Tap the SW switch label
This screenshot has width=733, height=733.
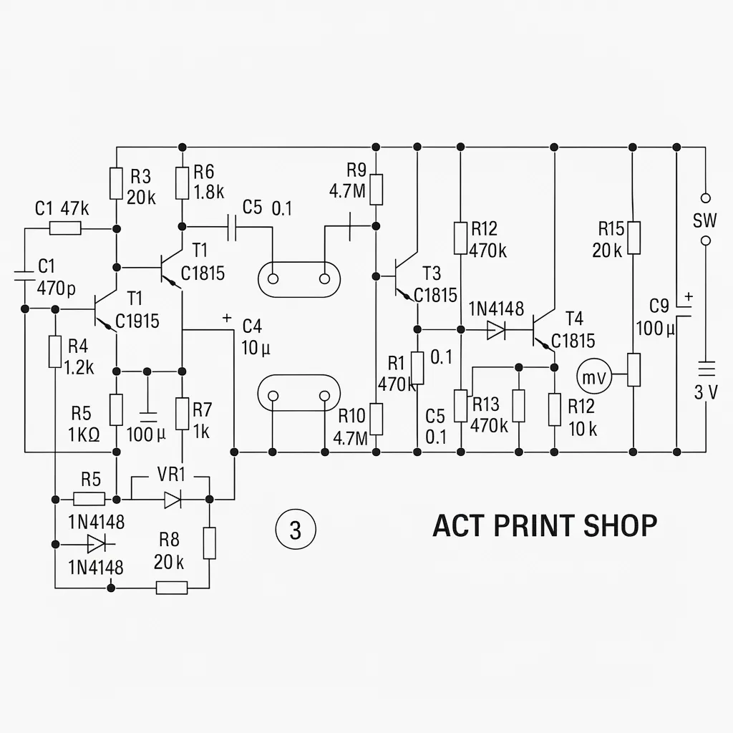pos(704,220)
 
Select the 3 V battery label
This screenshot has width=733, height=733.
pos(705,393)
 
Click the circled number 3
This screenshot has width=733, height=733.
pos(296,530)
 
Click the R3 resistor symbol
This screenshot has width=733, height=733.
pos(117,183)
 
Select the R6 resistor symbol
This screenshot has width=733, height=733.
pos(183,183)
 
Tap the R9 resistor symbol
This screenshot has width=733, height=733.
pos(377,189)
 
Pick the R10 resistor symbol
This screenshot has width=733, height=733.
pos(377,419)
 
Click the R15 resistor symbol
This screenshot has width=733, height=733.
pos(634,238)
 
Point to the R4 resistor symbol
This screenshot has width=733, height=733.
pos(55,351)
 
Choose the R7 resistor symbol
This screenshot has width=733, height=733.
pos(183,413)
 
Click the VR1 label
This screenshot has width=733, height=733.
pos(171,475)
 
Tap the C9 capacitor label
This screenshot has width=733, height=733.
pos(659,306)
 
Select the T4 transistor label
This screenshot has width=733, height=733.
pos(574,319)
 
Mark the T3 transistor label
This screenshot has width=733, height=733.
pos(432,273)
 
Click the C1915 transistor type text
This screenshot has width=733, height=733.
pos(137,321)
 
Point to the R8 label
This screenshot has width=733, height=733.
pos(169,540)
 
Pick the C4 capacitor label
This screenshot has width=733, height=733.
pos(252,326)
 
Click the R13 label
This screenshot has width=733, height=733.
pos(486,404)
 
